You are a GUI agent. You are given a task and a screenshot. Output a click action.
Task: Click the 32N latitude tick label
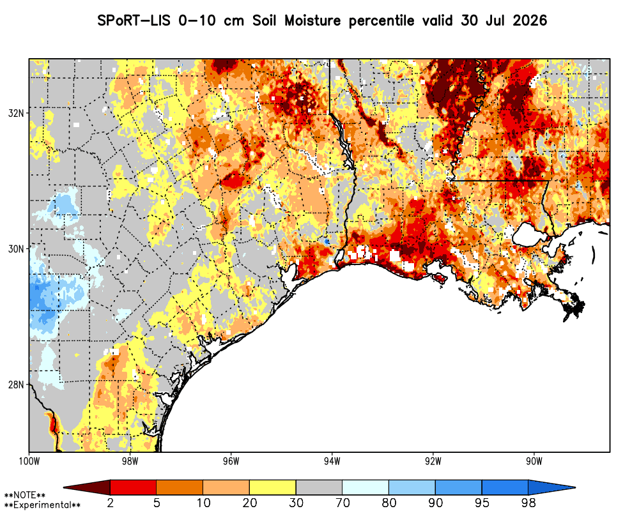(x=16, y=113)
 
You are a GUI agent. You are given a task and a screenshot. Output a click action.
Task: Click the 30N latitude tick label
(x=16, y=248)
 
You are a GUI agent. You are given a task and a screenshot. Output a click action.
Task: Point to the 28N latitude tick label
(x=16, y=385)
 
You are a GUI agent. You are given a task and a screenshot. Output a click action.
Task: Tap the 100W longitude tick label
(x=29, y=461)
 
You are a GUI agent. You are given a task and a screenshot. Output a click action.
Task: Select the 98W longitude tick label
(x=130, y=461)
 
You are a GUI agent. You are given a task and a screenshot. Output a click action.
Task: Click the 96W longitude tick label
(x=231, y=461)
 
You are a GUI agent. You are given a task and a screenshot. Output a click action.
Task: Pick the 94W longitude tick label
(x=332, y=461)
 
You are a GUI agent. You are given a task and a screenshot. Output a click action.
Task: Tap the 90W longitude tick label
(x=534, y=461)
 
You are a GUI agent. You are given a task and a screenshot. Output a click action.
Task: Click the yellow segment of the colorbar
(x=273, y=487)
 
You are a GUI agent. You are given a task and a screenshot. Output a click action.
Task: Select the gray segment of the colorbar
(x=319, y=487)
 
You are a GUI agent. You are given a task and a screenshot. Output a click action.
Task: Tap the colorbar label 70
(x=343, y=503)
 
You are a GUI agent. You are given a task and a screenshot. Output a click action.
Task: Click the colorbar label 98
(x=528, y=503)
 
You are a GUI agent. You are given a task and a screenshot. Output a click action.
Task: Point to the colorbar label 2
(x=111, y=503)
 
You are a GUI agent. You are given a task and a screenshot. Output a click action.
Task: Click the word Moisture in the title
(x=312, y=20)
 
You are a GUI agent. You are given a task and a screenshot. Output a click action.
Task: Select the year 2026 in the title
(x=530, y=20)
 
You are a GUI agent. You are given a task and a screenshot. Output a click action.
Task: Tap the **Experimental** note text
(x=42, y=505)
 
